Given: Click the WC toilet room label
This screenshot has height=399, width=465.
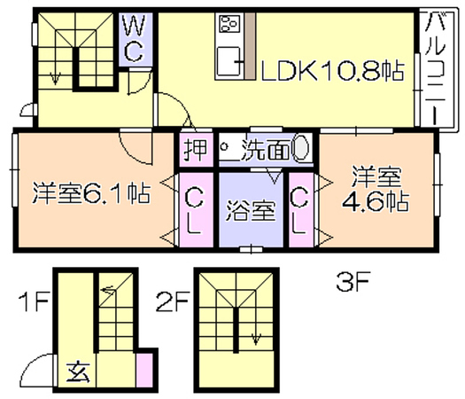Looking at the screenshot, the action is point(135,39).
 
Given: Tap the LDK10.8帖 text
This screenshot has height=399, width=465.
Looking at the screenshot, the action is point(332,71).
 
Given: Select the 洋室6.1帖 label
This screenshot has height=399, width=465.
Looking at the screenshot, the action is point(91,193).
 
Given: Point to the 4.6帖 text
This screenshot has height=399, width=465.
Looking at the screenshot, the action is point(376,202).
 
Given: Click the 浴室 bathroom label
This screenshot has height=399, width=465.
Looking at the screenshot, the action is point(251,211).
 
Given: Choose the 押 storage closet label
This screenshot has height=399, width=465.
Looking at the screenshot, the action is point(195,149).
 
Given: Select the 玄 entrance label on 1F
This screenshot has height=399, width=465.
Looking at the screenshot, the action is point(79,372).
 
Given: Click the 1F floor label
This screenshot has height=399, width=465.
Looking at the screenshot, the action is point(34,302).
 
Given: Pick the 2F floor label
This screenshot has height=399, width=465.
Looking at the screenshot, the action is point(173,302).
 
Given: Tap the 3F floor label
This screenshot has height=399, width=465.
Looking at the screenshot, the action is point(353,282).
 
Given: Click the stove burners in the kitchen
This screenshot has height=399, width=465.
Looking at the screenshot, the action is point(229,24).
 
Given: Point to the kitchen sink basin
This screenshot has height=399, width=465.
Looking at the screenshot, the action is point(229,61).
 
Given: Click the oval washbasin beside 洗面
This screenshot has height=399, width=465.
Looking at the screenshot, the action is point(300,148).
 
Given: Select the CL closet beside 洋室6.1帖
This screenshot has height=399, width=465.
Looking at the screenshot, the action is point(195,212).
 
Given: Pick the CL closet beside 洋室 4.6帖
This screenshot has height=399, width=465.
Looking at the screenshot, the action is point(300,211).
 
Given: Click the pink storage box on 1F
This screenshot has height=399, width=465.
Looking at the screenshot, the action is point(144,371).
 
